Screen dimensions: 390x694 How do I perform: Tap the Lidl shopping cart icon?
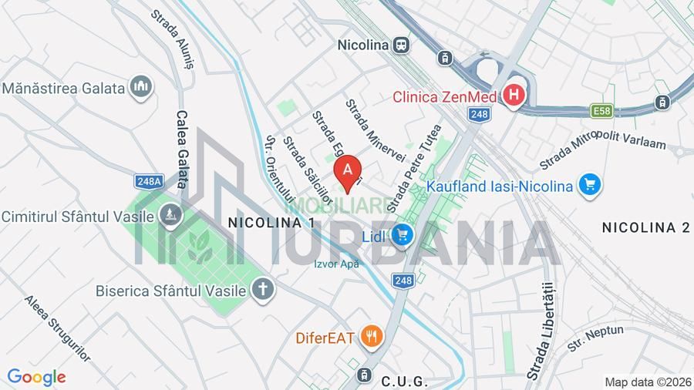pos(401,234)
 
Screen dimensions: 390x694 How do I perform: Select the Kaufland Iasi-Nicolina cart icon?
pos(591,186)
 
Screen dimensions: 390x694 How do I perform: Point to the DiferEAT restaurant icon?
pos(372,336)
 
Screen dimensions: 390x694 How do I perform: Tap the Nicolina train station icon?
pos(401,45)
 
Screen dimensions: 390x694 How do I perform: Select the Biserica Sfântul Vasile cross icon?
pos(263,290)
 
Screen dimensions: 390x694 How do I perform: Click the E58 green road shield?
pos(602,112)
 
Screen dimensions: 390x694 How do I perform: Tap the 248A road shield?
pos(149,182)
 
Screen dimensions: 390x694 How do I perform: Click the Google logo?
pos(35,377)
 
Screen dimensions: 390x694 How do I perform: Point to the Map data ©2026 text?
pos(647,382)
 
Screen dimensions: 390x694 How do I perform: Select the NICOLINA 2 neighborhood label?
pos(645,227)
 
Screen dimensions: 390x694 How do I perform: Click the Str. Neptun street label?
pos(595,336)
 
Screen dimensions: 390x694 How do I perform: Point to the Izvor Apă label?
pos(337,264)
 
